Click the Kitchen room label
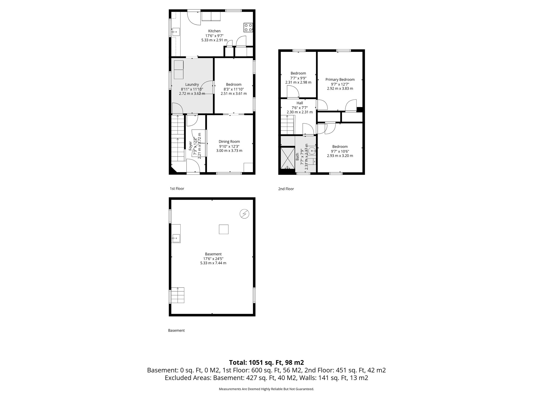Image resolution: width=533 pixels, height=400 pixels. [214, 31]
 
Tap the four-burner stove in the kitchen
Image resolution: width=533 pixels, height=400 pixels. [248, 27]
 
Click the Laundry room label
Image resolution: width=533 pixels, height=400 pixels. [192, 84]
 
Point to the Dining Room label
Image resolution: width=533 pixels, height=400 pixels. [229, 141]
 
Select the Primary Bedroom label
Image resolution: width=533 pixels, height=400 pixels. [340, 79]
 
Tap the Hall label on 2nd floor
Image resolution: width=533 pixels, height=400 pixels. [300, 103]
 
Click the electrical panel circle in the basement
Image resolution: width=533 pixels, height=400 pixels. [244, 214]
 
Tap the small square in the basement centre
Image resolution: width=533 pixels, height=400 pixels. [224, 229]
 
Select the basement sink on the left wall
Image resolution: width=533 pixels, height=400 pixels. [176, 238]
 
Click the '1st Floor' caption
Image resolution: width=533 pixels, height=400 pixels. [177, 189]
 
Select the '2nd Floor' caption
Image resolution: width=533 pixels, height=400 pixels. [286, 189]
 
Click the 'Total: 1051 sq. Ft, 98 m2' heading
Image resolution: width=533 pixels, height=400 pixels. [266, 362]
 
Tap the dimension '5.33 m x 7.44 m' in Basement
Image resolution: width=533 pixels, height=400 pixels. [213, 263]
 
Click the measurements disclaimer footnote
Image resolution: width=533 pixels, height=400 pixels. [266, 389]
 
